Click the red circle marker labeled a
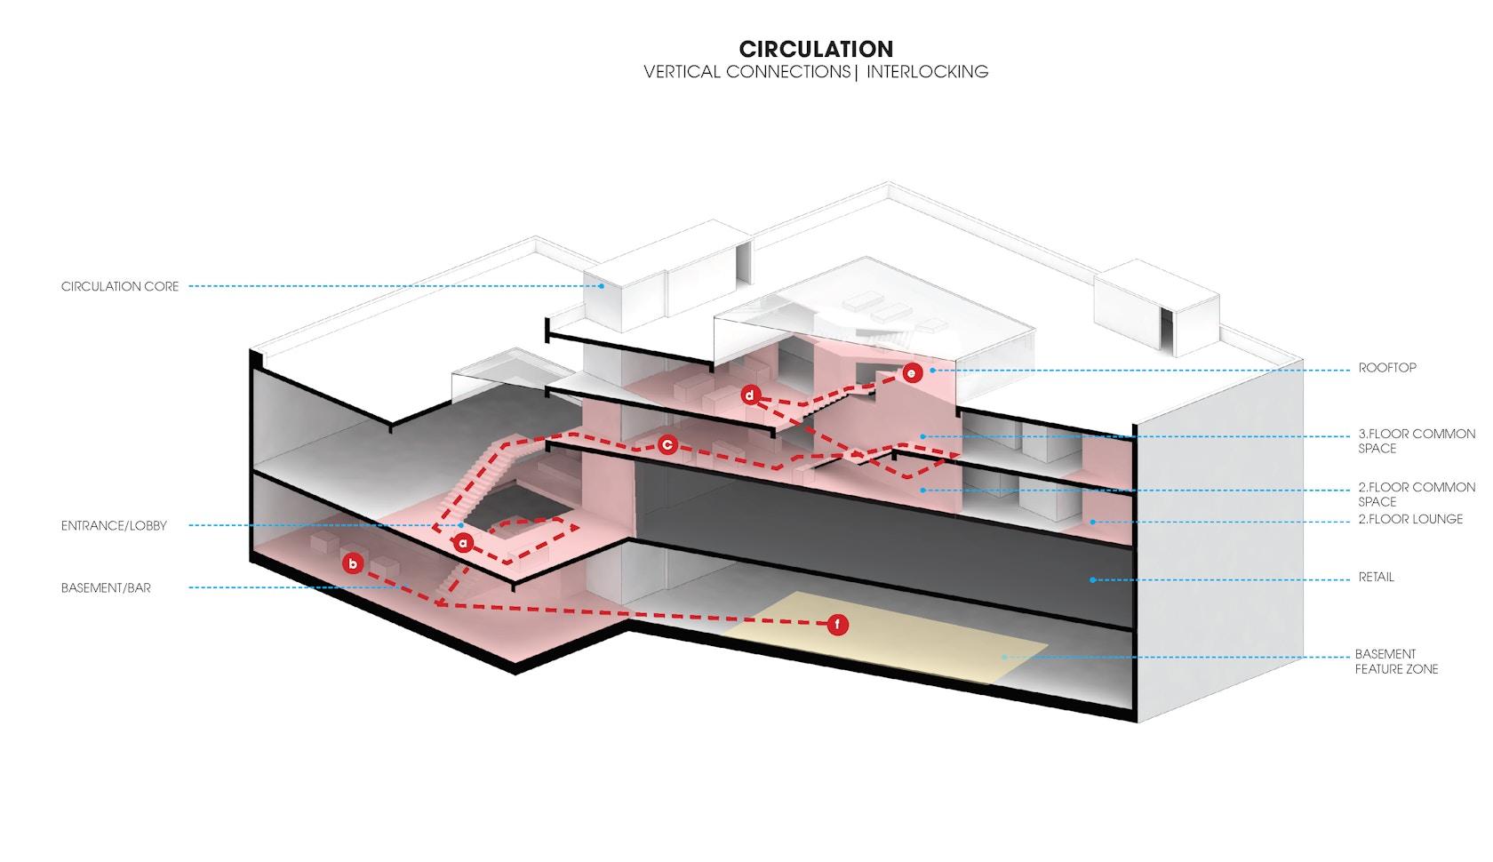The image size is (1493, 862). click(x=463, y=543)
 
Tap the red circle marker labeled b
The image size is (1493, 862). click(x=353, y=564)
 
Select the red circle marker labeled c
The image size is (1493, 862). click(x=667, y=444)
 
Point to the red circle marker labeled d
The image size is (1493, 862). click(x=750, y=395)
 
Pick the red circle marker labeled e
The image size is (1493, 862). click(x=912, y=372)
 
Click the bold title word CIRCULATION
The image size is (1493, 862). click(x=816, y=49)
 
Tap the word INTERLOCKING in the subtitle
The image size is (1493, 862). click(x=927, y=72)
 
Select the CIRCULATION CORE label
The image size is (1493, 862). click(x=120, y=287)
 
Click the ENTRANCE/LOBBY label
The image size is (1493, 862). click(x=114, y=526)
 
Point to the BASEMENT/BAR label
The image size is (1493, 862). click(x=106, y=588)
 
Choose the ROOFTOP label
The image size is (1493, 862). click(x=1387, y=368)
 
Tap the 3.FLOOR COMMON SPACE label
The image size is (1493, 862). click(x=1417, y=442)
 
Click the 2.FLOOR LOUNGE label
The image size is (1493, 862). click(x=1410, y=519)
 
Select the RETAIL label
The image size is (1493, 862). click(x=1376, y=578)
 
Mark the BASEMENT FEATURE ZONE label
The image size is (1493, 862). click(x=1396, y=661)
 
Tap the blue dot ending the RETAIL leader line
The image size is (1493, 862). click(x=1092, y=580)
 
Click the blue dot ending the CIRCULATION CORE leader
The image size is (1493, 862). click(x=601, y=287)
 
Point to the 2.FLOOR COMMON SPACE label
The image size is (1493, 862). click(x=1417, y=495)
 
